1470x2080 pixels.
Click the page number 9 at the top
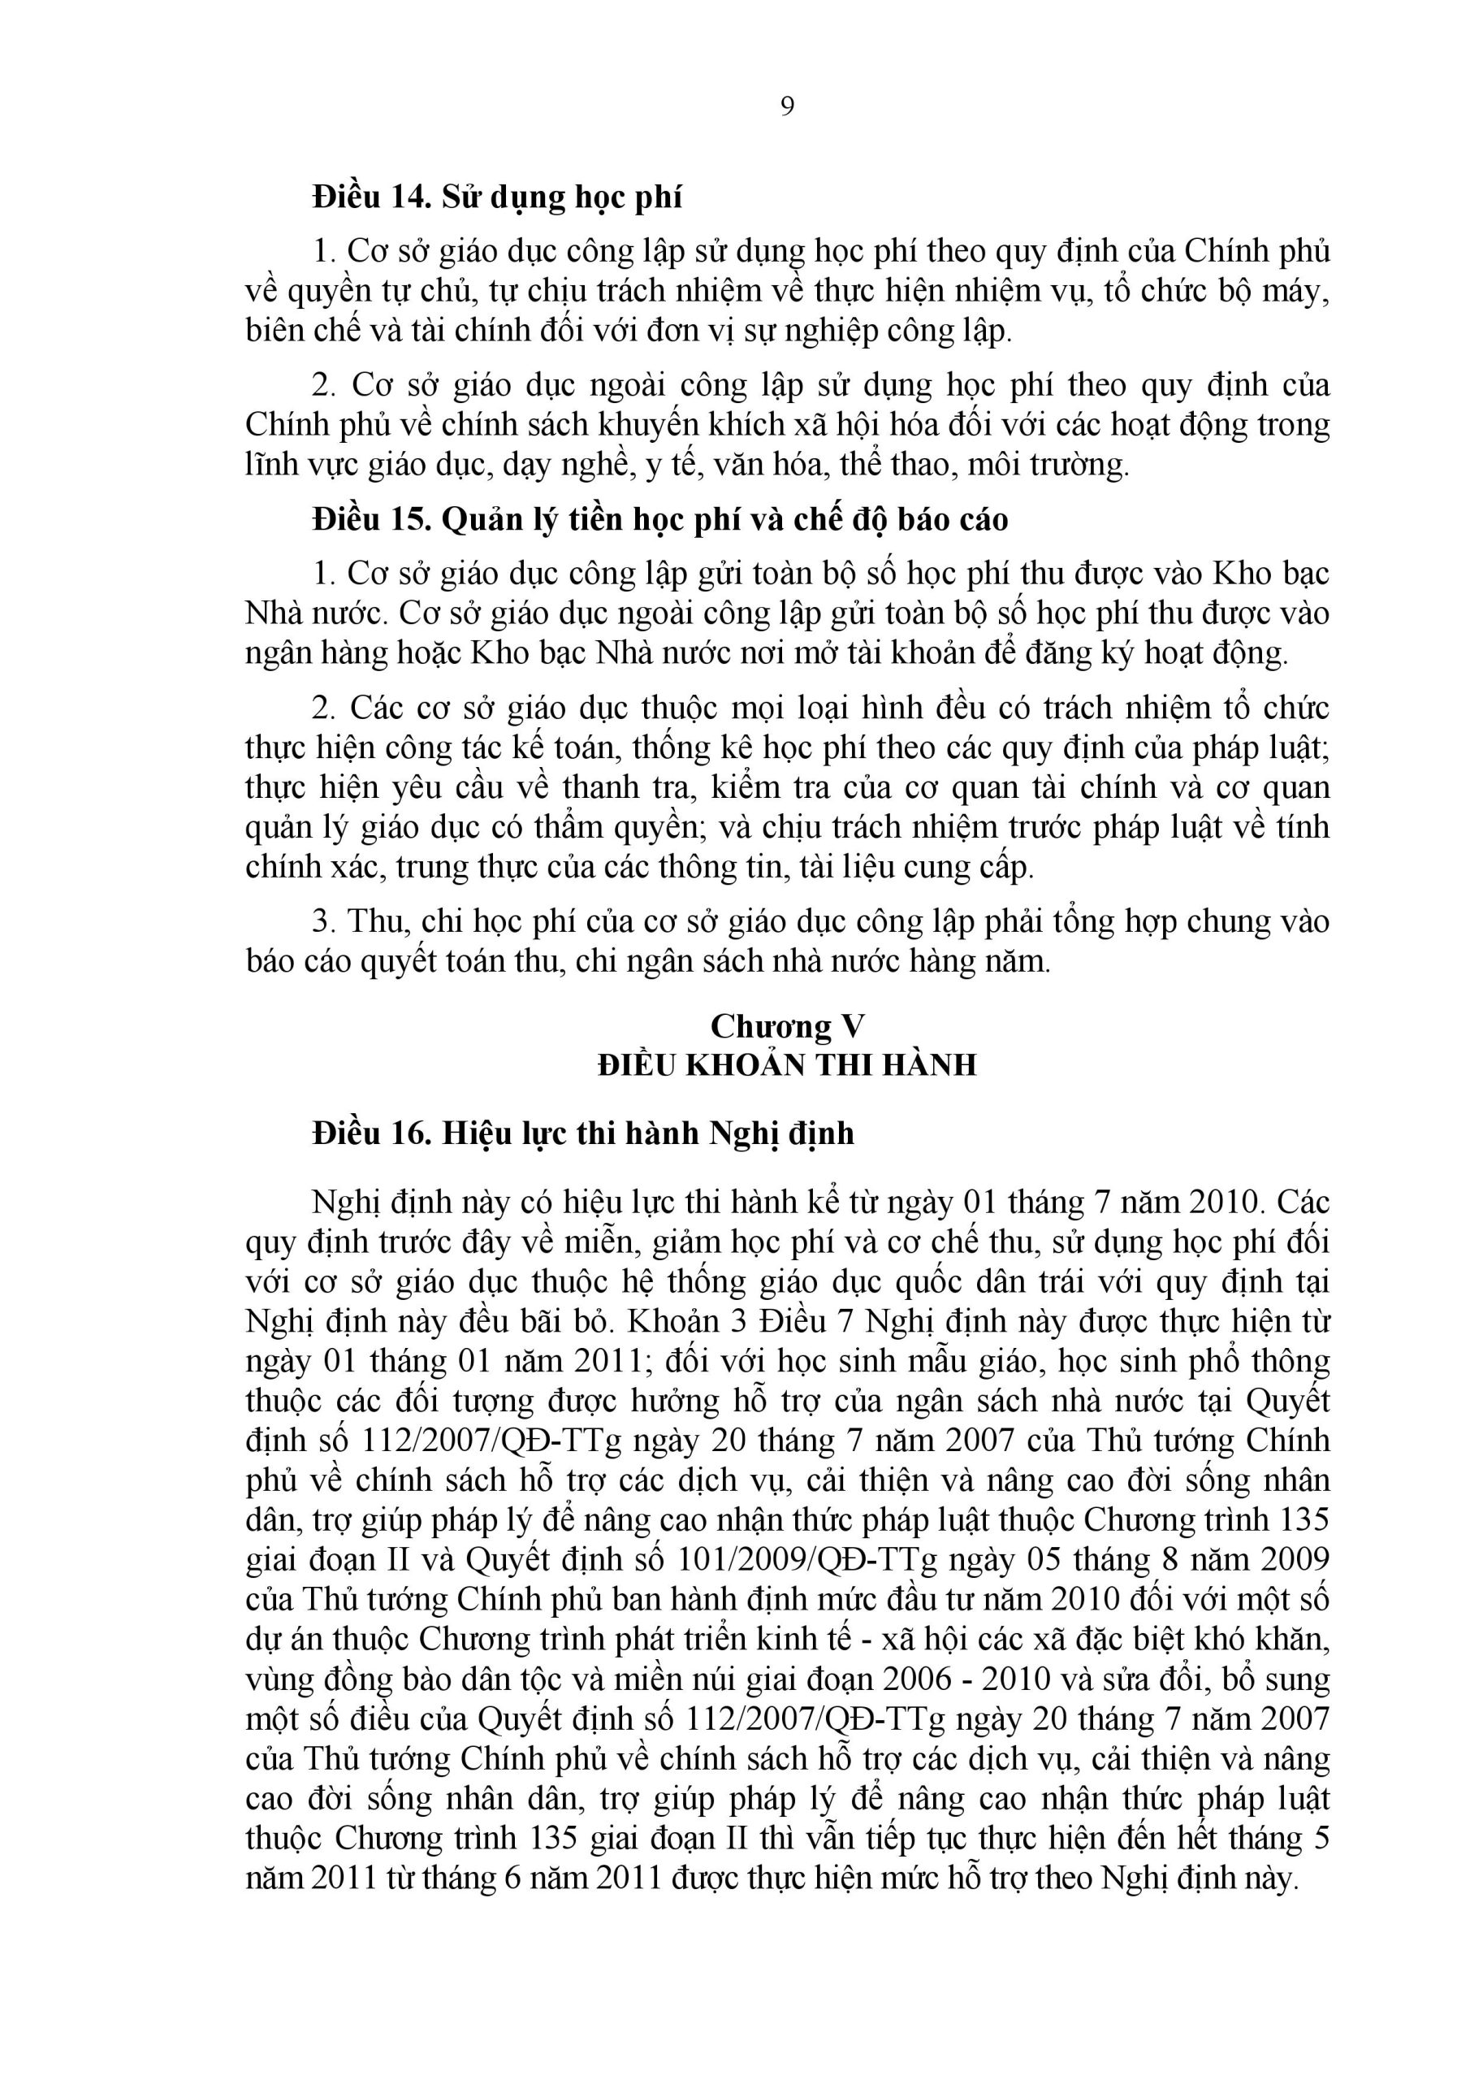[x=786, y=107]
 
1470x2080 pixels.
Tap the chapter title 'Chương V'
[x=786, y=1026]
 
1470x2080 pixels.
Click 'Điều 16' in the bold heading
[x=371, y=1134]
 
